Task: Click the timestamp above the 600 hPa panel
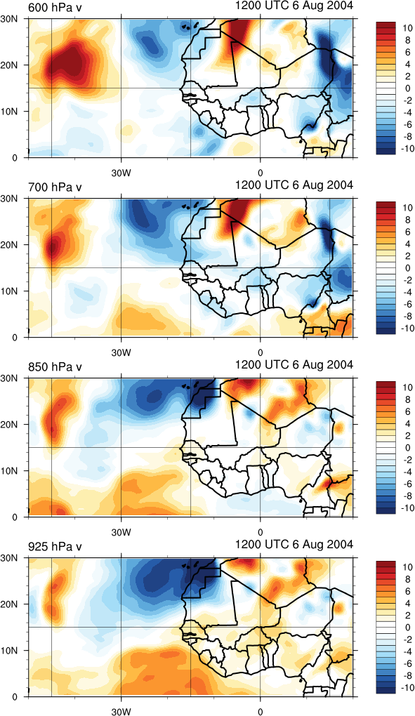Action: pos(294,6)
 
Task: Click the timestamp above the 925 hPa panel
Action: pos(294,545)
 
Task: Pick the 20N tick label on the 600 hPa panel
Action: pos(11,65)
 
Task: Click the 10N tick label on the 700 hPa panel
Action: pos(11,291)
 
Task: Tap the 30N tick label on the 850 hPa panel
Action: pos(11,378)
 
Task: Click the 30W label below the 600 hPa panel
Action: pos(121,173)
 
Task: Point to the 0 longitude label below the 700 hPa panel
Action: pos(261,353)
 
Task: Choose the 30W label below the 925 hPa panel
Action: pos(121,712)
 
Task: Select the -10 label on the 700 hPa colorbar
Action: pos(407,329)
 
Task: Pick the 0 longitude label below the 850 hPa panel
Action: pos(261,533)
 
